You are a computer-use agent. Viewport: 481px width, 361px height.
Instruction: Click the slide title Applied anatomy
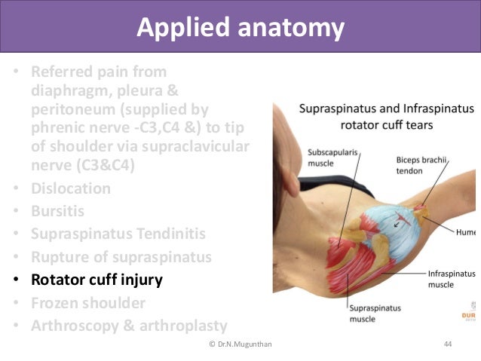click(240, 29)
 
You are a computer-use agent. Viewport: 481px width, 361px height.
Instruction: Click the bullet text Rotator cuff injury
click(97, 280)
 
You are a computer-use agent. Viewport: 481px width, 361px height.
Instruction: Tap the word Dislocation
click(71, 188)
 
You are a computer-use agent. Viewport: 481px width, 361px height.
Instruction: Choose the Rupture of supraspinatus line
click(121, 257)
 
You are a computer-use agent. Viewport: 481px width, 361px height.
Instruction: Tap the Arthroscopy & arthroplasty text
click(129, 326)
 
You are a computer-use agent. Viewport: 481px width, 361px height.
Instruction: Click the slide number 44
click(448, 344)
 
